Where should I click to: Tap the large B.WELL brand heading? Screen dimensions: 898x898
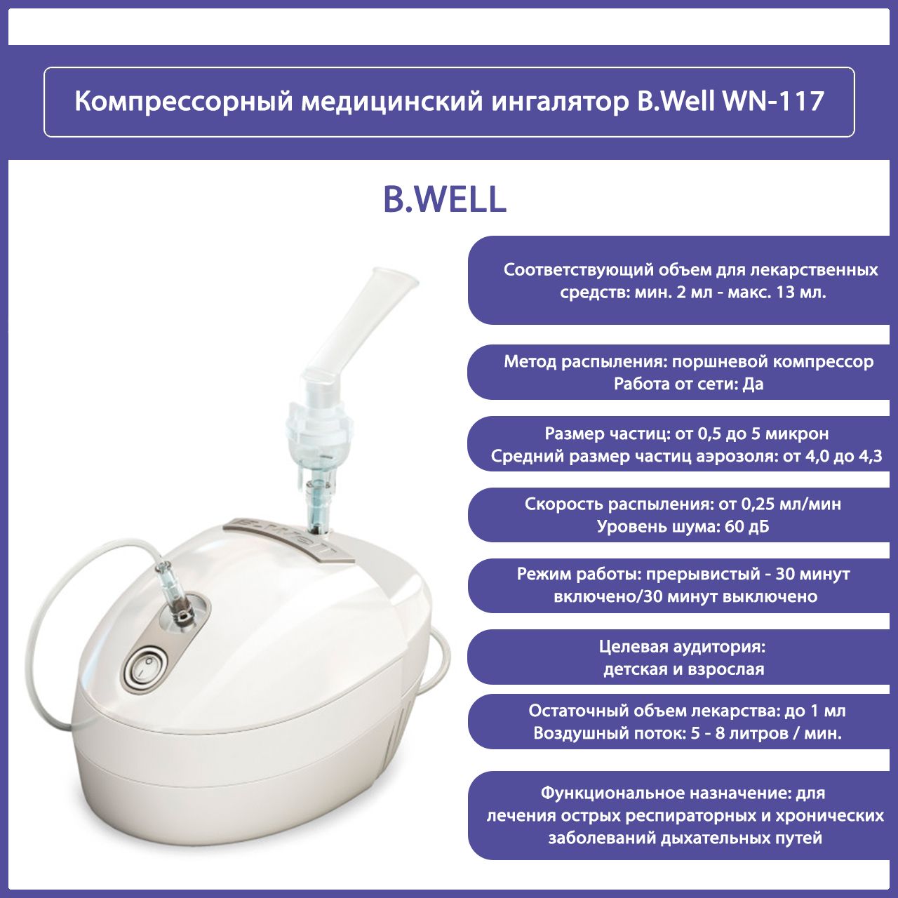click(x=444, y=200)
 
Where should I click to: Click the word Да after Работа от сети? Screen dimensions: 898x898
click(x=753, y=384)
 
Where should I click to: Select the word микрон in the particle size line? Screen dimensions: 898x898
click(x=797, y=434)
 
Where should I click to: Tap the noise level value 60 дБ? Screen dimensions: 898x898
click(x=746, y=526)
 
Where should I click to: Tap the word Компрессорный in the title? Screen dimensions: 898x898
click(x=183, y=102)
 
